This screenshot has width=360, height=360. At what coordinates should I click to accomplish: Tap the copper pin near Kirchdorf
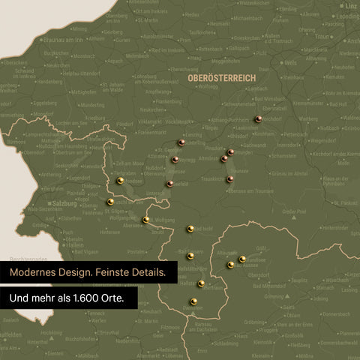pos(259,118)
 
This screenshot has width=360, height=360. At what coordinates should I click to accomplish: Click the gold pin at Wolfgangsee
pos(145,220)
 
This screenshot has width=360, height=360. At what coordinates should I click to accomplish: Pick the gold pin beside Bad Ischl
pos(190,229)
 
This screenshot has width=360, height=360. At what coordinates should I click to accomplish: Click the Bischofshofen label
pos(79,338)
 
